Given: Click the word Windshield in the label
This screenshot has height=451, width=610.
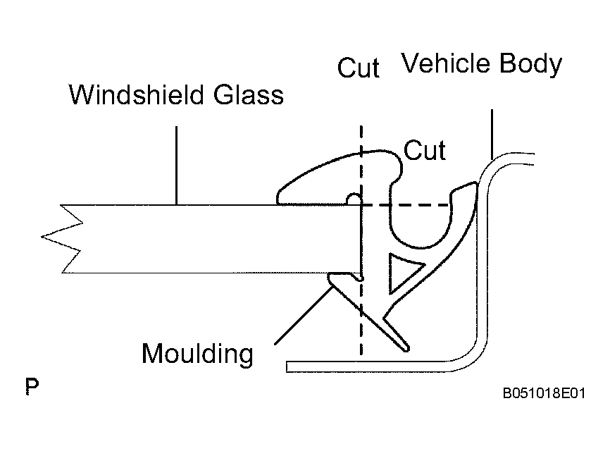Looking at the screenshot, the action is click(x=136, y=94).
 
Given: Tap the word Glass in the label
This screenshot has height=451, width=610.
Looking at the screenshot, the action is click(x=249, y=94).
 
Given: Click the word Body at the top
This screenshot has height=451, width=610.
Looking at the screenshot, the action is click(x=530, y=65).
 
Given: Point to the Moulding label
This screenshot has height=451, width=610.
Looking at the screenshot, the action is click(x=197, y=354).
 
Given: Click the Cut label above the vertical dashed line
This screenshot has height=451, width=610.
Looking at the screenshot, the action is click(x=359, y=68).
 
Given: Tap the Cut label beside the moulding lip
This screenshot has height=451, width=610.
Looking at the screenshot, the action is click(x=425, y=150).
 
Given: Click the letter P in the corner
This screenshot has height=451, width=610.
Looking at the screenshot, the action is click(x=32, y=386).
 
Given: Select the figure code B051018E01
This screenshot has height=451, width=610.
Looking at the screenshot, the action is click(x=544, y=393).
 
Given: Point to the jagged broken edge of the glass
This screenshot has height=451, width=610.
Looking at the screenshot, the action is click(x=62, y=238).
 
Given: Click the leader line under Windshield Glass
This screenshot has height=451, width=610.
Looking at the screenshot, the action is click(x=176, y=165).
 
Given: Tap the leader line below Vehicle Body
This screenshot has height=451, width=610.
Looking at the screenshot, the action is click(x=492, y=135).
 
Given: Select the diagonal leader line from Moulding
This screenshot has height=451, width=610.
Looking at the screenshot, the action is click(x=304, y=315).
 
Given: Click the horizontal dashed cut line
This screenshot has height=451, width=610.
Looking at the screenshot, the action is click(x=406, y=204).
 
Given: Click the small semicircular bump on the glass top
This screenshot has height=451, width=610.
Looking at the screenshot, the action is click(x=354, y=199).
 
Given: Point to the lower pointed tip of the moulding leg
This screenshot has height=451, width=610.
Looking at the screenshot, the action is click(x=406, y=349).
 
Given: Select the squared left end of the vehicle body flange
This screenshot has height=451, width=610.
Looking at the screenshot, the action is click(x=287, y=366).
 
